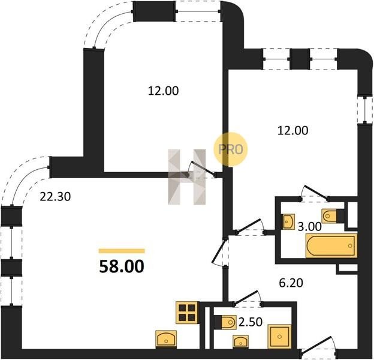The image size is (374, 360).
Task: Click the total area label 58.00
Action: point(122,266)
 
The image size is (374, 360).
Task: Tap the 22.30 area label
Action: point(55,197)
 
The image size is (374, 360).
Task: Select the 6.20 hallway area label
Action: point(291,283)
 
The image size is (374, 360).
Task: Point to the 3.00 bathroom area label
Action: point(310,227)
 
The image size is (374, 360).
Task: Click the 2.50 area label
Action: point(251,322)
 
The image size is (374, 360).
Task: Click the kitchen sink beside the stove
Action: point(166,339)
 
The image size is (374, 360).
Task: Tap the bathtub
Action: point(331,246)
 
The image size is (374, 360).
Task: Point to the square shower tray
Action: point(279,337)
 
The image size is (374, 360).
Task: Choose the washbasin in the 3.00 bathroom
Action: point(289,222)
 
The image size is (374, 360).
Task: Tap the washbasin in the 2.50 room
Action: point(241,342)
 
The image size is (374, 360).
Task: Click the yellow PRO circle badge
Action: point(231,149)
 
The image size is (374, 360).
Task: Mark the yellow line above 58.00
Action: point(122,251)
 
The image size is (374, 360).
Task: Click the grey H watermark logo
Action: point(187,177)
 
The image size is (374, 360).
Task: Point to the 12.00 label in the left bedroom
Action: point(164,91)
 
